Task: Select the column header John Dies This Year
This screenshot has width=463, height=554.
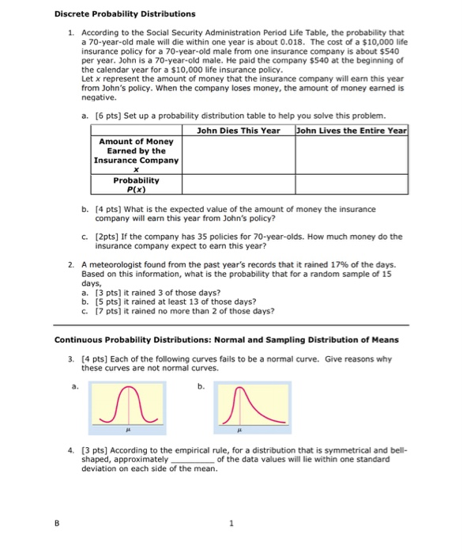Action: pyautogui.click(x=238, y=130)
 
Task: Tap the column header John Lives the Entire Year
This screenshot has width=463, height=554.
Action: pyautogui.click(x=352, y=130)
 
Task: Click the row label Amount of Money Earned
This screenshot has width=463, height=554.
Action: pyautogui.click(x=136, y=151)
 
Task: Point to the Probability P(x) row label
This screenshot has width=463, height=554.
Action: pyautogui.click(x=136, y=184)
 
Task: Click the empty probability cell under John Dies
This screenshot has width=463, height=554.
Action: pyautogui.click(x=238, y=184)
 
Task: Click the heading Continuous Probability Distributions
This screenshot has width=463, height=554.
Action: pyautogui.click(x=226, y=340)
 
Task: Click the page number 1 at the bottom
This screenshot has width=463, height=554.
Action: pyautogui.click(x=231, y=522)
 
